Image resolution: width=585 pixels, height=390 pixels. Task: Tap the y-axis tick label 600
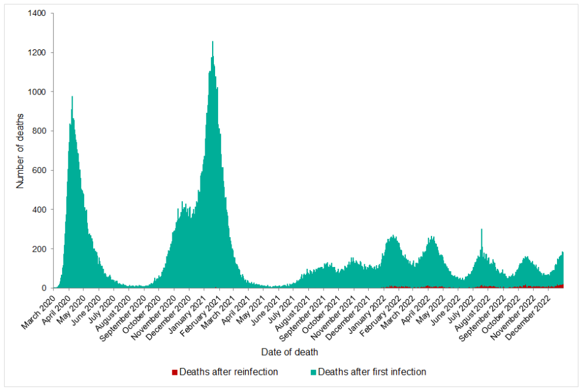[40, 170]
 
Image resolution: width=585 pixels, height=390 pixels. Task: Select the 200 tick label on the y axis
[40, 249]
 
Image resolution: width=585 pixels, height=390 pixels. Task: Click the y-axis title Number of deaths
[20, 151]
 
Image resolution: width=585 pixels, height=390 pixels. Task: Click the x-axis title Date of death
[289, 352]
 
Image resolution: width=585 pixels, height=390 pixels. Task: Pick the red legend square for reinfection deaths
[175, 372]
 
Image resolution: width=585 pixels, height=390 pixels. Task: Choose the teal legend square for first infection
[313, 372]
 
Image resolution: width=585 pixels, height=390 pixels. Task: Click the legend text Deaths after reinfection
[229, 372]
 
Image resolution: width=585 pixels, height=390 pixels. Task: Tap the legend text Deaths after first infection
[372, 372]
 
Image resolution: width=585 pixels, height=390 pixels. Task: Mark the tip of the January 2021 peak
[212, 42]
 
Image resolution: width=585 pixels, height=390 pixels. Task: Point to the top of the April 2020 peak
[73, 97]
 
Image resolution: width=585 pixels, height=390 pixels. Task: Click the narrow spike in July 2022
[481, 230]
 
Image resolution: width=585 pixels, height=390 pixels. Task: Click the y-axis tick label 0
[44, 288]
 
